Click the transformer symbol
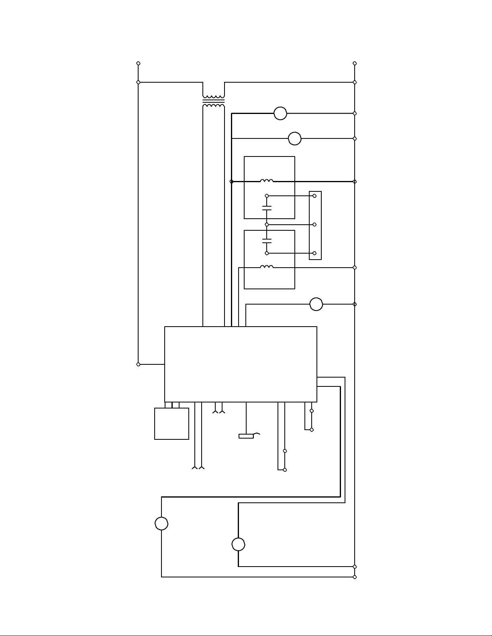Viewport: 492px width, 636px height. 214,102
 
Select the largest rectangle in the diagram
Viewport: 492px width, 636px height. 241,364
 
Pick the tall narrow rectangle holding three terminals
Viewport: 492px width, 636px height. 315,225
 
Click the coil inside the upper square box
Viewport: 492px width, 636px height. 267,181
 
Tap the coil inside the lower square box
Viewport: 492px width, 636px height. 267,267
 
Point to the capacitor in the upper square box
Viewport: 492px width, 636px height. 267,208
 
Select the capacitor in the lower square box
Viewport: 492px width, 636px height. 267,241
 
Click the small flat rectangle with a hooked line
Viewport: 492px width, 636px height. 246,436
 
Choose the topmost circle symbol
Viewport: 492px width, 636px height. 280,114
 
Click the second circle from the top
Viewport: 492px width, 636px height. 295,138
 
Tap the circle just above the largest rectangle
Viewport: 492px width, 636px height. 316,304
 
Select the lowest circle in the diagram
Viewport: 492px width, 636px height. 239,545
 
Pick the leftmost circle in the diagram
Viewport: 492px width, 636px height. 161,524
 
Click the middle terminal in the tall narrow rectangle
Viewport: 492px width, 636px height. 314,225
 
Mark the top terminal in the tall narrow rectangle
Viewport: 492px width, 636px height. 314,196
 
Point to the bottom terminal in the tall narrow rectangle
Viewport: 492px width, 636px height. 314,253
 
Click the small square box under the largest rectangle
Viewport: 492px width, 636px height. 171,424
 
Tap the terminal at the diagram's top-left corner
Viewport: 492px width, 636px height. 139,63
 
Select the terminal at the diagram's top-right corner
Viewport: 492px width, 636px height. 355,63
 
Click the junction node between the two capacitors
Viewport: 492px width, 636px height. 267,225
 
